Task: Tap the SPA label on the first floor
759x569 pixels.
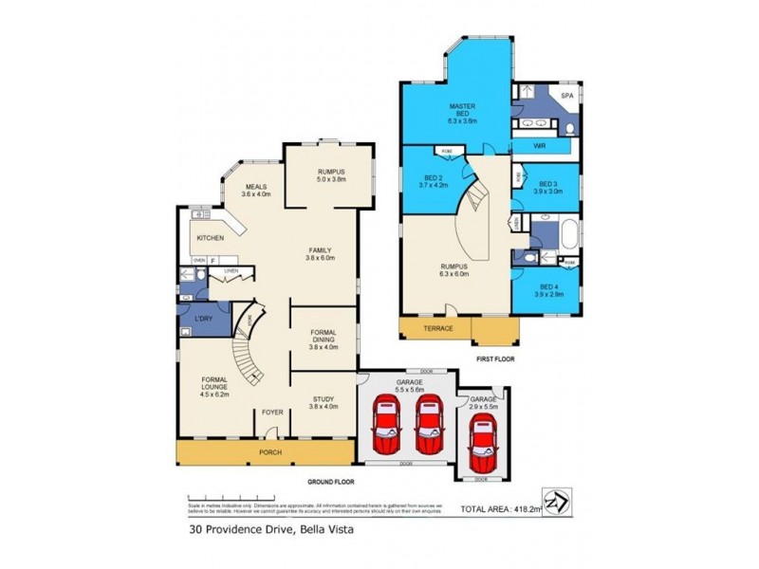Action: [x=567, y=96]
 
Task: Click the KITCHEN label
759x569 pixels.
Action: [x=211, y=238]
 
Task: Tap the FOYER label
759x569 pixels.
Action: [x=272, y=413]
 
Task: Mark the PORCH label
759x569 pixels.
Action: [x=271, y=452]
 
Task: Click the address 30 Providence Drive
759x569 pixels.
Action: [x=233, y=531]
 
